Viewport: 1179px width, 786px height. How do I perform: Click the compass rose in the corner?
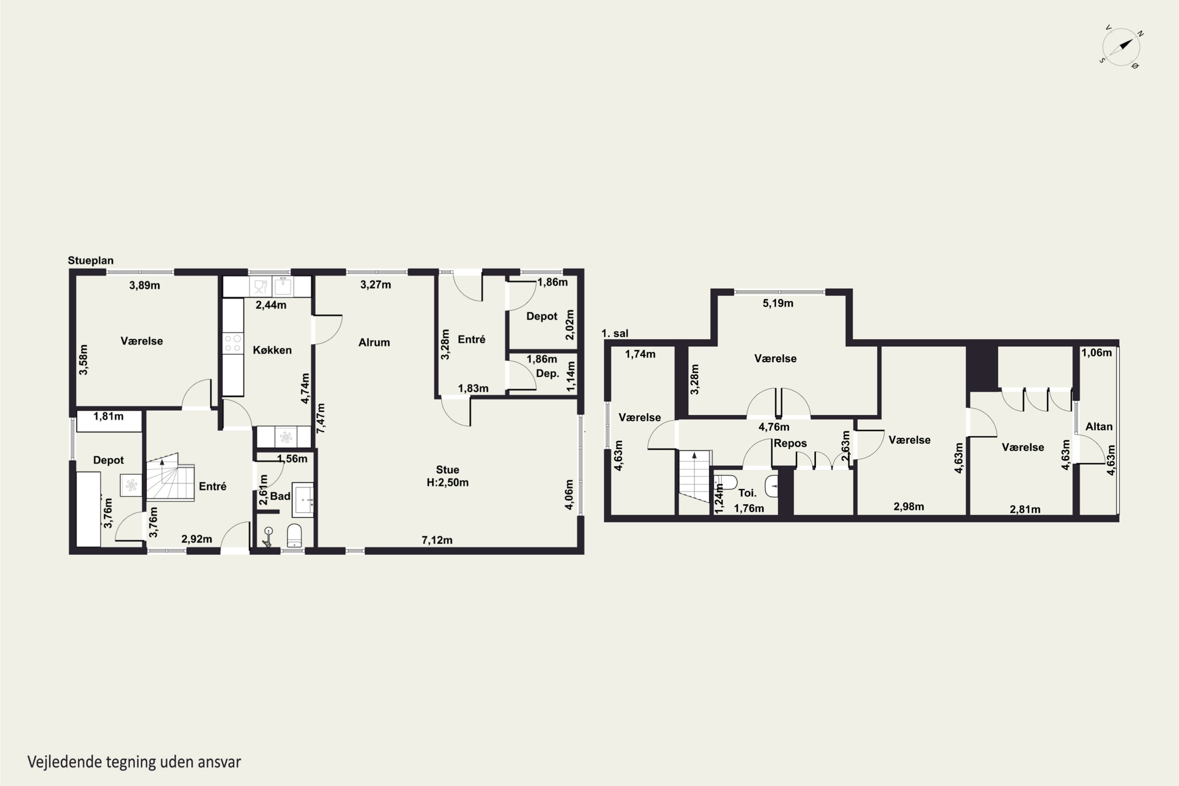pos(1121,47)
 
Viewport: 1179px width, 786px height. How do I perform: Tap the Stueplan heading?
pos(91,260)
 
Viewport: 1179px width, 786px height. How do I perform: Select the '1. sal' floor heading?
pos(615,333)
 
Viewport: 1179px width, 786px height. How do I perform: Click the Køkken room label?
pos(272,350)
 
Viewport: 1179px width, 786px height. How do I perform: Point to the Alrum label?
pos(374,342)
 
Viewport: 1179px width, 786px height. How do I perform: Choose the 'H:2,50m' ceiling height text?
pos(448,482)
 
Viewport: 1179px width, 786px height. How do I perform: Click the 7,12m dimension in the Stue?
pos(437,540)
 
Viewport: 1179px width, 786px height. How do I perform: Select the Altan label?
pos(1099,426)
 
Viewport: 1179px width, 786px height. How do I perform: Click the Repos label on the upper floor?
pos(790,443)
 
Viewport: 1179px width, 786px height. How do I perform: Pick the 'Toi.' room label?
pos(747,493)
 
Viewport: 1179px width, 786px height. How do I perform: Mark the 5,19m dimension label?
pos(778,303)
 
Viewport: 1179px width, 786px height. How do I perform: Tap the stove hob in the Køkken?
pos(233,343)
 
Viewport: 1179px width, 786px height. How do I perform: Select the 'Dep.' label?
pos(547,373)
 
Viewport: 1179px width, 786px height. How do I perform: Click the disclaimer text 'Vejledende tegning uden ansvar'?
pos(134,762)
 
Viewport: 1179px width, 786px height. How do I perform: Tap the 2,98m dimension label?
pos(909,506)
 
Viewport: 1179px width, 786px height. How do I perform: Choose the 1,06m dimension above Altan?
pos(1096,353)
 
